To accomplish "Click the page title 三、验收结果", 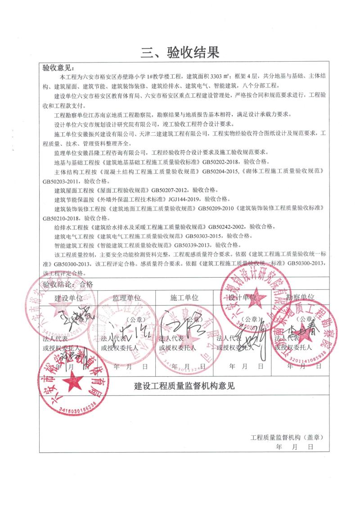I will [180, 53].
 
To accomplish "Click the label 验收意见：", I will [58, 68].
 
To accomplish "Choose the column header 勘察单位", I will [301, 297].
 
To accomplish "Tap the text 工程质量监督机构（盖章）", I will [287, 437].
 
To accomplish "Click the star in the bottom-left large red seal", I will [72, 382].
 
